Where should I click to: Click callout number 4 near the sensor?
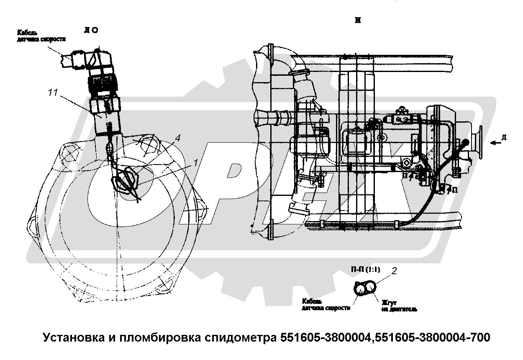click(177, 139)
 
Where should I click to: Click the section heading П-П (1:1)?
click(365, 269)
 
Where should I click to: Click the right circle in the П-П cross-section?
click(370, 288)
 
